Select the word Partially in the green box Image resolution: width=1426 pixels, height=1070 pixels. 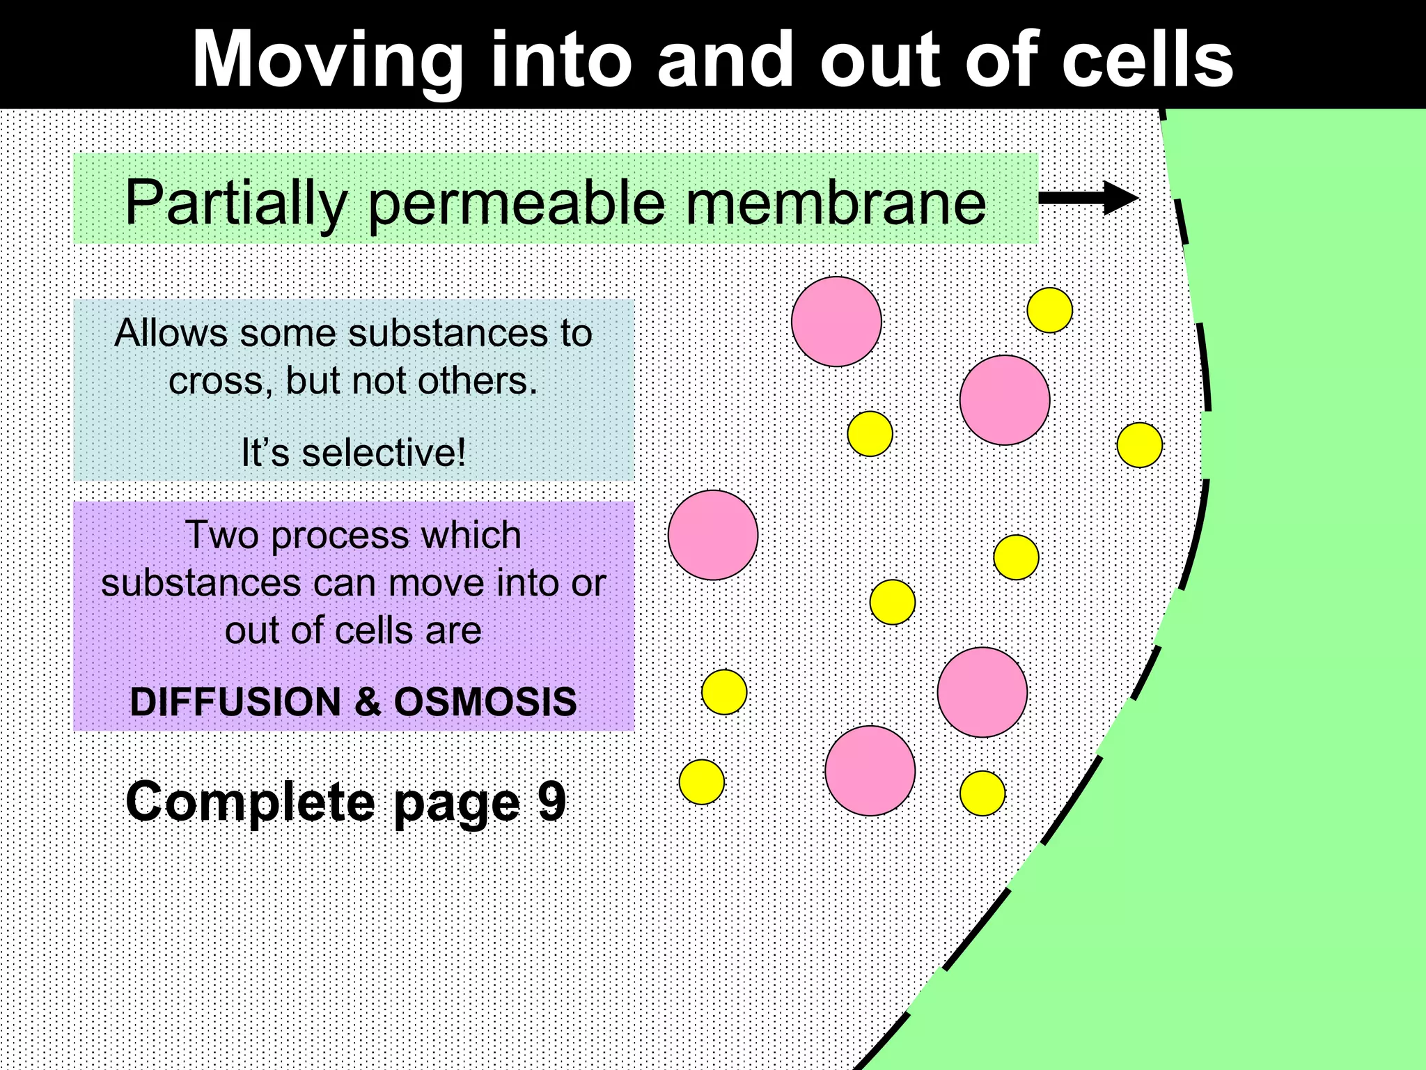pyautogui.click(x=235, y=203)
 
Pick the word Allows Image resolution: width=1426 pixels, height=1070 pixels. pyautogui.click(x=171, y=333)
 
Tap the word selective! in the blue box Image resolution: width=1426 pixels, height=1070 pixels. pyautogui.click(x=384, y=453)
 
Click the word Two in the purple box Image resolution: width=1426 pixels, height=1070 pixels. pyautogui.click(x=221, y=535)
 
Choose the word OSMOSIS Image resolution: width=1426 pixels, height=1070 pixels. pyautogui.click(x=485, y=701)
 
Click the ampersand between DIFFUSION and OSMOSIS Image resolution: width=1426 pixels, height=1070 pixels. pyautogui.click(x=368, y=701)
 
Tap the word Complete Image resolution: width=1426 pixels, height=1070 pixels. pyautogui.click(x=249, y=801)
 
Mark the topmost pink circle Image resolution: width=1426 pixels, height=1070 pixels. pyautogui.click(x=836, y=321)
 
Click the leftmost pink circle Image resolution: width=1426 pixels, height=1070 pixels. pyautogui.click(x=712, y=535)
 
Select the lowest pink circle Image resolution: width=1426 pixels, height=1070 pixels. pyautogui.click(x=870, y=770)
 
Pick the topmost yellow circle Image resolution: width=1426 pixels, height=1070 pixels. pyautogui.click(x=1049, y=310)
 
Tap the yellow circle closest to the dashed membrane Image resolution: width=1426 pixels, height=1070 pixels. pyautogui.click(x=1139, y=444)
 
